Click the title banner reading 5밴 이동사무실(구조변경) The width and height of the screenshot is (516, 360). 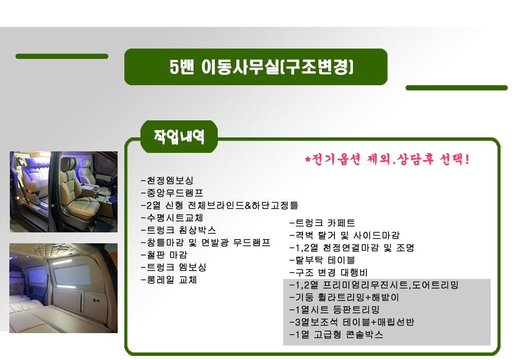tap(256, 67)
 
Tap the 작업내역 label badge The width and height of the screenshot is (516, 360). tap(179, 136)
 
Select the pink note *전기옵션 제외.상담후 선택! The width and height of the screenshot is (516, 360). tap(387, 160)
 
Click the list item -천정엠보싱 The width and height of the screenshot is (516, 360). tap(167, 180)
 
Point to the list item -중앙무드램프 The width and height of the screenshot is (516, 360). tap(172, 193)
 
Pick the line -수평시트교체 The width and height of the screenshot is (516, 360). tap(172, 218)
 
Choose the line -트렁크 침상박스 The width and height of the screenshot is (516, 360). tap(179, 230)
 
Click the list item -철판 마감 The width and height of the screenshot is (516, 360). tap(164, 255)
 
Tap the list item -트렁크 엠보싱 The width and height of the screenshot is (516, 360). tap(173, 267)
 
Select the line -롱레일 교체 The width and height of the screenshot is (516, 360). tap(169, 280)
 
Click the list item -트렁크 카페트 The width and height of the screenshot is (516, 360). tap(322, 223)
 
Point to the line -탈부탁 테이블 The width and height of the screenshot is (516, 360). tap(322, 260)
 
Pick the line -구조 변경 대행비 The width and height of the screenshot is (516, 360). tap(328, 273)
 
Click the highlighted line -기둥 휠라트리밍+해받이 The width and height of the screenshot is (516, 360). tap(344, 298)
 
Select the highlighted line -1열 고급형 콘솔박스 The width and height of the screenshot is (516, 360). tap(336, 335)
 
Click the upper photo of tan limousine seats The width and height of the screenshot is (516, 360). tap(63, 192)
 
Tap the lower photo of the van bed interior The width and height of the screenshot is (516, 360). tap(63, 288)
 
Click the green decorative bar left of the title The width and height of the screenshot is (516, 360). tap(62, 56)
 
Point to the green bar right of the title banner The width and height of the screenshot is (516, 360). tap(457, 88)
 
